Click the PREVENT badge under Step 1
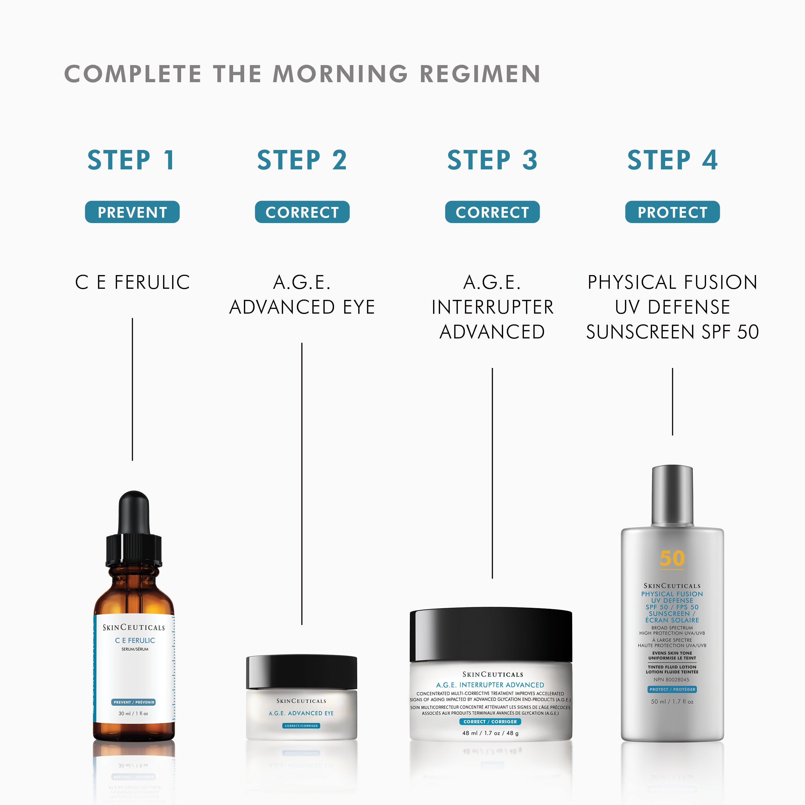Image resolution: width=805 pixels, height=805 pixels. (x=132, y=212)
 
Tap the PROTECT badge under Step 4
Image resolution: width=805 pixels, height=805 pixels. (x=672, y=212)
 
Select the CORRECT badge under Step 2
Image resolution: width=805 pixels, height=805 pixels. (x=302, y=212)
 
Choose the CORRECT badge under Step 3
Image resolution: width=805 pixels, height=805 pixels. (x=492, y=212)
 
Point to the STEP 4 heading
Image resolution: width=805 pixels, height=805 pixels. (x=672, y=160)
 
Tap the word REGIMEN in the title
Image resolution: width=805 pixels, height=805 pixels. (x=480, y=74)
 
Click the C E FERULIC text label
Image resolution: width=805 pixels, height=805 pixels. (x=132, y=282)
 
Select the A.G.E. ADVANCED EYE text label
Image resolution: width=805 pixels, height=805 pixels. (x=302, y=294)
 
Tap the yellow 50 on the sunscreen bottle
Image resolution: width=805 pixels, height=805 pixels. (x=672, y=558)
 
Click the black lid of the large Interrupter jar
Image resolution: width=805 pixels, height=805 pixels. (x=491, y=635)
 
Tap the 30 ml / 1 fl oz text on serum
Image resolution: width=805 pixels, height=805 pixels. (x=133, y=713)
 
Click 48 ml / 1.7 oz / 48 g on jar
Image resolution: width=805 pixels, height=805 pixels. (x=490, y=733)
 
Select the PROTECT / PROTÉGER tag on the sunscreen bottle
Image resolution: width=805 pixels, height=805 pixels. (x=672, y=689)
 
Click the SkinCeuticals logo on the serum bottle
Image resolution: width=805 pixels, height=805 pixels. (x=134, y=628)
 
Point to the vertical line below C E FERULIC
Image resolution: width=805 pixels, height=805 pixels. (x=132, y=389)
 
